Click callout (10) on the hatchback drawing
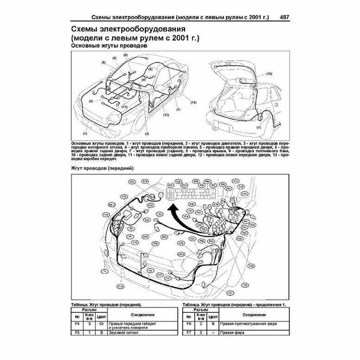click(x=269, y=74)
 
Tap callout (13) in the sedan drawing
click(x=124, y=107)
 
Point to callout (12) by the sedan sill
click(x=166, y=114)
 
